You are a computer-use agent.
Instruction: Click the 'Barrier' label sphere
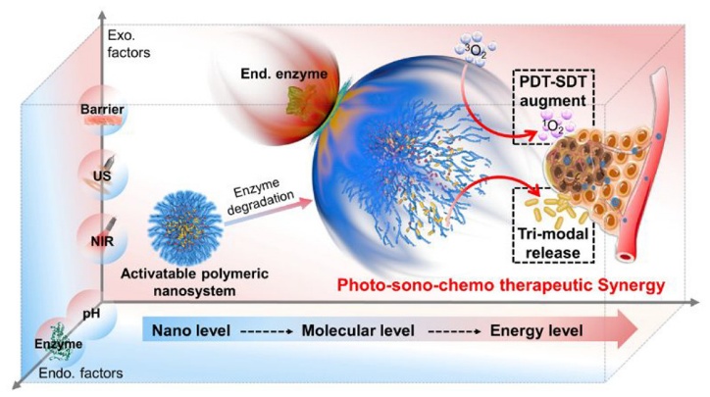point(102,110)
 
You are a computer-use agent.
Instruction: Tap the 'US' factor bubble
point(103,174)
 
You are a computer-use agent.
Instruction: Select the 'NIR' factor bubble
point(103,240)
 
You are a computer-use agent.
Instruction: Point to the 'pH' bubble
point(92,314)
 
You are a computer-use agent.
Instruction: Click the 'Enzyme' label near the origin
point(59,344)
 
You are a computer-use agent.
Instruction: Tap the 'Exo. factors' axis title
point(128,44)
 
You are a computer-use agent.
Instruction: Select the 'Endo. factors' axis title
point(80,373)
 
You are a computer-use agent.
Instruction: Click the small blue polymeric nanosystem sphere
point(185,227)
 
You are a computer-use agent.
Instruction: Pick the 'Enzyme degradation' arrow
point(269,212)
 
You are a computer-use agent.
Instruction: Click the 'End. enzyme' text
point(284,74)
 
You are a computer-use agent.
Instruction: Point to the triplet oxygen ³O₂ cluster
point(474,51)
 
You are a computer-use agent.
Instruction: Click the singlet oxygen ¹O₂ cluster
point(555,127)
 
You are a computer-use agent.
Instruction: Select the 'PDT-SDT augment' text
point(553,91)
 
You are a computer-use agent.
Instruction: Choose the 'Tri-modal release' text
point(553,243)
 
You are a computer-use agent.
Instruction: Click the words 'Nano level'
point(191,330)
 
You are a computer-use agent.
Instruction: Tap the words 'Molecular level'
point(358,330)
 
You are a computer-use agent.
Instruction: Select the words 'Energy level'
point(536,331)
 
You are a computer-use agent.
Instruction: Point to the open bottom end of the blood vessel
point(627,257)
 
